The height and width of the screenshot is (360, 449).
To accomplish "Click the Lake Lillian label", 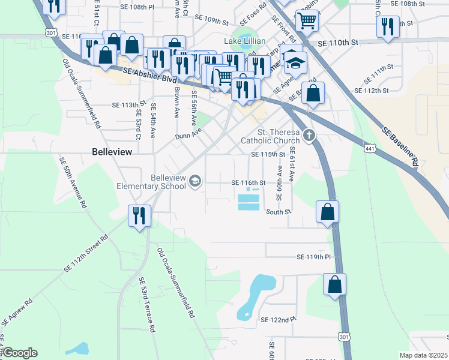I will click(x=245, y=41).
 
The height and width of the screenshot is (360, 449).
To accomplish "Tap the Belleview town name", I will click(x=112, y=152).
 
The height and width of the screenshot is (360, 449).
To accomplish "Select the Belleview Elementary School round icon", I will click(x=195, y=181).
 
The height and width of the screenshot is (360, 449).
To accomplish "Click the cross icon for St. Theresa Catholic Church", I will click(x=309, y=136).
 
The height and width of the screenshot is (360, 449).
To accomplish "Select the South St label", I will click(x=279, y=212).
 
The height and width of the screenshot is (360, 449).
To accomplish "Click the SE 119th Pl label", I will click(x=313, y=257).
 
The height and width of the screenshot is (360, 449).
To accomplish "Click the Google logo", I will click(x=20, y=353).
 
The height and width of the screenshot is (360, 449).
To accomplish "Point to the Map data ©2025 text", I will click(x=423, y=355).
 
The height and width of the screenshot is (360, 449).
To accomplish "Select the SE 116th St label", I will click(x=249, y=183).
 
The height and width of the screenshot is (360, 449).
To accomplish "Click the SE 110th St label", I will click(x=337, y=43).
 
